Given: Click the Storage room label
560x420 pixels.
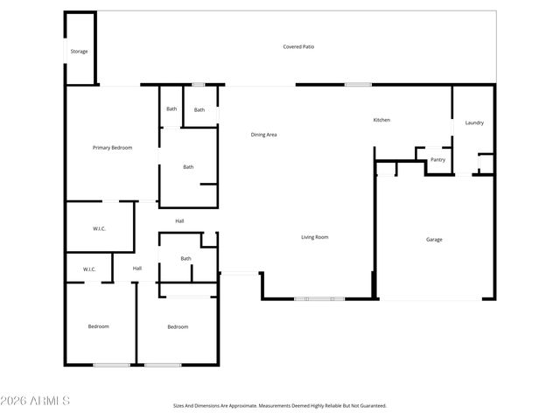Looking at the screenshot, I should coord(79,52).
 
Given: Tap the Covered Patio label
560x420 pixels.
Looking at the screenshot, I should coord(298,46).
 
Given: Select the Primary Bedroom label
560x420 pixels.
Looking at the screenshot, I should coord(112,148).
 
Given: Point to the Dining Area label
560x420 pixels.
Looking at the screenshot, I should coord(263,135).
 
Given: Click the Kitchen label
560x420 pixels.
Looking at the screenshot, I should coord(381,120).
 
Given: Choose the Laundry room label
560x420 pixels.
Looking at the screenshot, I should coord(474,122).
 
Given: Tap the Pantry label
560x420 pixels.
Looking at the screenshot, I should coord(438,159).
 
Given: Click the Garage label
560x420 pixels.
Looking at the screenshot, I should coord(434,239).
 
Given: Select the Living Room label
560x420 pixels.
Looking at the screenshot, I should coord(315,237).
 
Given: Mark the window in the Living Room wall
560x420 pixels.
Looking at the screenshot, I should coord(318,299).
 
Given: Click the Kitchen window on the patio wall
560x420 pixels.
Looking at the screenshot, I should coord(357,84).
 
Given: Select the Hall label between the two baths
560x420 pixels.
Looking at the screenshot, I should coord(179,220).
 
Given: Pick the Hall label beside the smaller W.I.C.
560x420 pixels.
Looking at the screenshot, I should coord(137,268).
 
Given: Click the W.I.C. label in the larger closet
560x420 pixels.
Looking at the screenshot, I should coord(99,229).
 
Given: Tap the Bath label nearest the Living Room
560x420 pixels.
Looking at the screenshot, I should coord(185,258).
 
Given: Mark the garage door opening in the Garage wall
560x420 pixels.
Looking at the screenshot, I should coord(429,299).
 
